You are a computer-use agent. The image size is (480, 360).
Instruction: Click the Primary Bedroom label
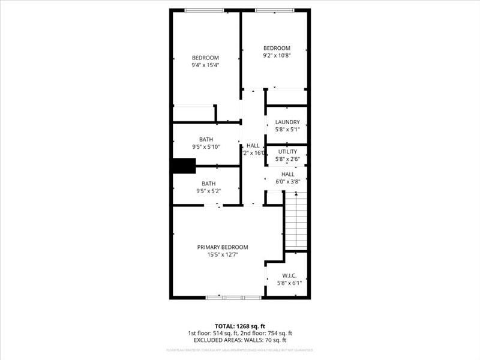coord(223,247)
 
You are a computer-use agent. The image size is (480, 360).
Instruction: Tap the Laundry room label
coord(287,122)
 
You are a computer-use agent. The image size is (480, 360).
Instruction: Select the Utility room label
coord(287,151)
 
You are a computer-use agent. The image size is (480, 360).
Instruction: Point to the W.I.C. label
coord(287,276)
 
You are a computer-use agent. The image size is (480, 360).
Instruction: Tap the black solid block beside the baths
coord(184,166)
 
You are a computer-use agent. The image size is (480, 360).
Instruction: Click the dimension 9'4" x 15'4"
coord(205,65)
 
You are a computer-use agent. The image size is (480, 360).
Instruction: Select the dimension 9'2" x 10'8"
coord(277,56)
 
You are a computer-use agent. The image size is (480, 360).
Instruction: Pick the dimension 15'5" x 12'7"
coord(223,254)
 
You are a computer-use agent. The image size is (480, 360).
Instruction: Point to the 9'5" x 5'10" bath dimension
coord(206,146)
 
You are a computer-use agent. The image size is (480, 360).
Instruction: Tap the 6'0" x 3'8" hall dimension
coord(287,181)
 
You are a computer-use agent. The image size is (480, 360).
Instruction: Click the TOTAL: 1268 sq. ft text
coord(240,326)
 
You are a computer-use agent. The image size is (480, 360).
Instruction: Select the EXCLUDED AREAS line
coord(240,340)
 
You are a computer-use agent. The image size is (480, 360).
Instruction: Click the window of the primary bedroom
coord(233,297)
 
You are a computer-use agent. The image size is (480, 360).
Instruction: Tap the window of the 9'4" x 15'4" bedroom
coord(203,10)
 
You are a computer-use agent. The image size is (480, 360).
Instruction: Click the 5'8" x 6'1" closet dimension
coord(287,283)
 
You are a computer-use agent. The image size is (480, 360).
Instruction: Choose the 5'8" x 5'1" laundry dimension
coord(287,129)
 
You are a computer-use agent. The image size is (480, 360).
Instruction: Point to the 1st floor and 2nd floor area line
coord(240,333)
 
